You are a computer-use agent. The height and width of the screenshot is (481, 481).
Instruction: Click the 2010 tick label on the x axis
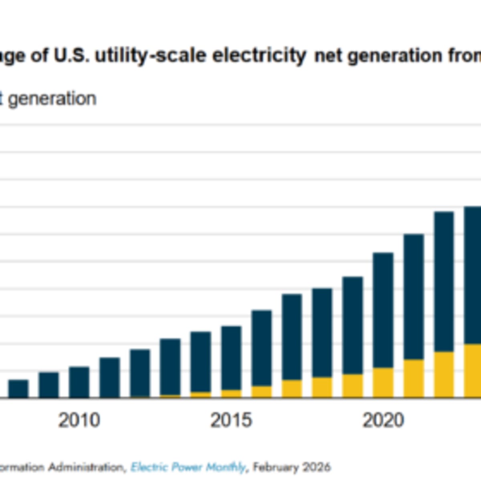(79, 420)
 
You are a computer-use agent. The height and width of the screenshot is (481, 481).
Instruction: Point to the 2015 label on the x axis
(231, 420)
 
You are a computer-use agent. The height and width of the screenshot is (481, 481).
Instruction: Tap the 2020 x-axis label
(383, 420)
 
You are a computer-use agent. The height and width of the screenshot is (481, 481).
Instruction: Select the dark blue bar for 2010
(79, 382)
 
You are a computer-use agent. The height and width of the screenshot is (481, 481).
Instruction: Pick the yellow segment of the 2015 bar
(231, 394)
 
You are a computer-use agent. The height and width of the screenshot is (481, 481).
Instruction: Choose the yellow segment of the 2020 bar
(383, 383)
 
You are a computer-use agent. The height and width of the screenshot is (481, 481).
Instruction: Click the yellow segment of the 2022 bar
(444, 375)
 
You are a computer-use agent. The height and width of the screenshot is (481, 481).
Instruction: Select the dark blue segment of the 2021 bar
(414, 297)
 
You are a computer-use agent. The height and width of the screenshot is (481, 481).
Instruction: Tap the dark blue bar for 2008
(18, 389)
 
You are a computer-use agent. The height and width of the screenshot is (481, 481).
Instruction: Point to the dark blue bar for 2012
(140, 373)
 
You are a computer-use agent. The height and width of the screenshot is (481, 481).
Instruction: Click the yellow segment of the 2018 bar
(322, 387)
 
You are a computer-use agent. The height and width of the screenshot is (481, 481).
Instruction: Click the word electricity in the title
(259, 56)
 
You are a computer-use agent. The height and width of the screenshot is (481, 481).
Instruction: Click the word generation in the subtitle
(52, 99)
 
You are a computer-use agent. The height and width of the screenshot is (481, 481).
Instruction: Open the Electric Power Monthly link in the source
(188, 467)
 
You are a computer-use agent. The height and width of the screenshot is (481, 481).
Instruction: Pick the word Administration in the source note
(86, 467)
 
